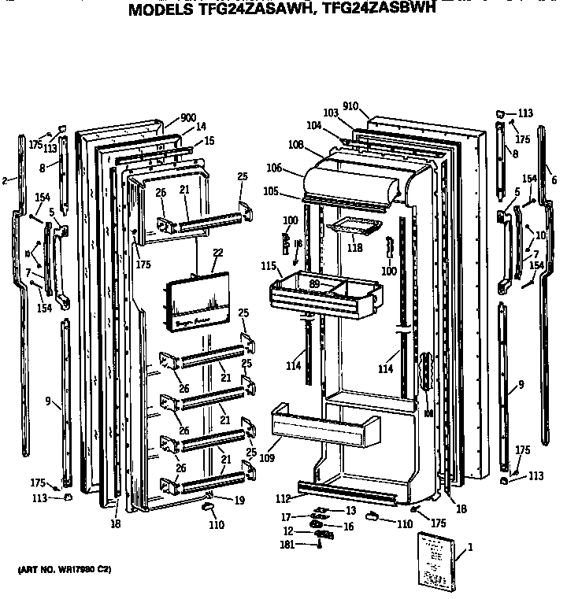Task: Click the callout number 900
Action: (187, 118)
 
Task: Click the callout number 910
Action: (350, 106)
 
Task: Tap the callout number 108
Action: (296, 145)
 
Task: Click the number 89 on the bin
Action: (313, 284)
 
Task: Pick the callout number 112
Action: (283, 497)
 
